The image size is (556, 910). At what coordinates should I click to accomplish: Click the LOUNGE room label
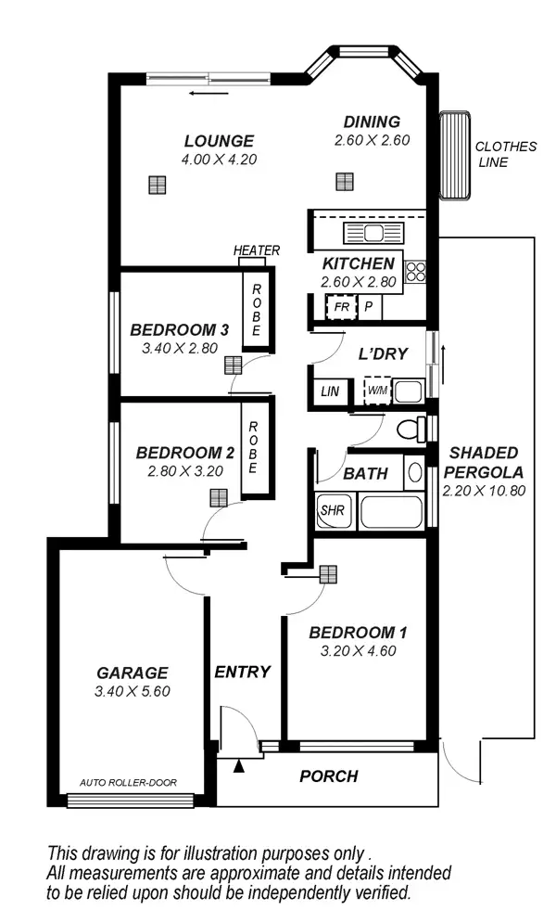coord(219,141)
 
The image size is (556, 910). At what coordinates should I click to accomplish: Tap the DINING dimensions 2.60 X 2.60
coord(372,140)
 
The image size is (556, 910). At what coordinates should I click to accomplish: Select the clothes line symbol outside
coord(454,155)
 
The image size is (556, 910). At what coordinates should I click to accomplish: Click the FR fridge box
coord(341,306)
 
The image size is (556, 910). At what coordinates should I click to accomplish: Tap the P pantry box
coord(368,306)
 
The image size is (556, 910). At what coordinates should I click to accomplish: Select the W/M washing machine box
coord(377,390)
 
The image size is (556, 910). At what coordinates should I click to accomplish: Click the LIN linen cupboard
coord(330,391)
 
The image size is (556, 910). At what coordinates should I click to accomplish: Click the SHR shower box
coord(331,510)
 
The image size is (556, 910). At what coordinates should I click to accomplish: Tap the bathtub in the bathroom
coord(389,511)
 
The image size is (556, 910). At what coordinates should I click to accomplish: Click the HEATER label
coord(257,250)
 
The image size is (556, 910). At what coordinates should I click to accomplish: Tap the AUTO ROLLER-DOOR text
coord(128,781)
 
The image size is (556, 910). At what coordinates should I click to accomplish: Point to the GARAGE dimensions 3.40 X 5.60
coord(133,691)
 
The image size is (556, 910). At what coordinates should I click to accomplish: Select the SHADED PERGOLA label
coord(483,462)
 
